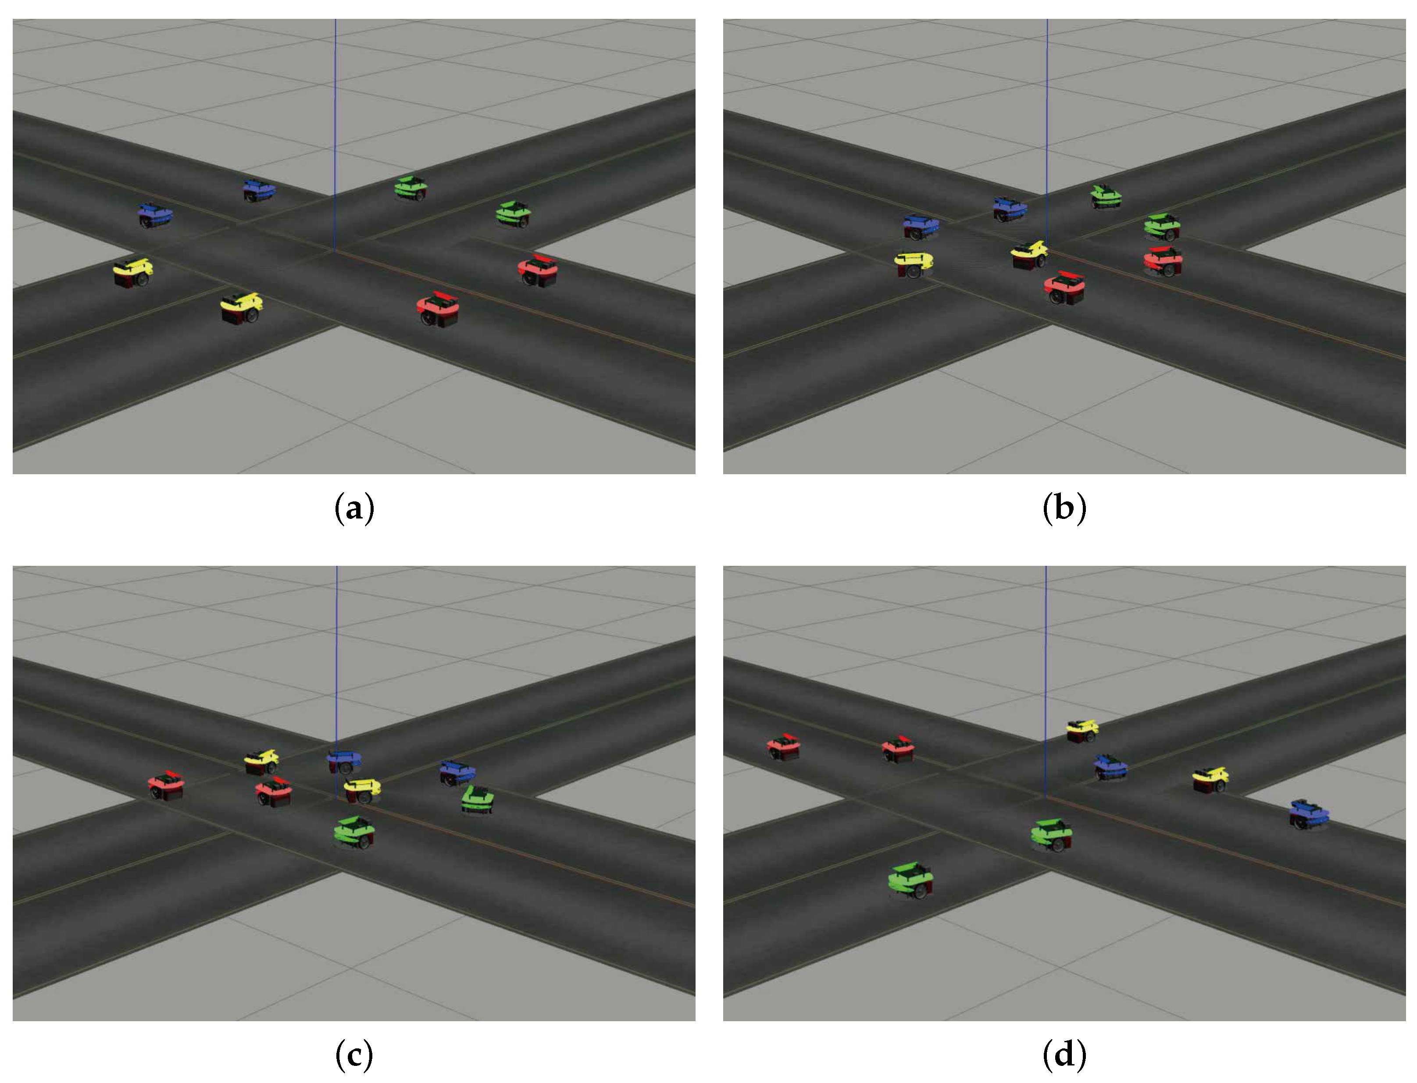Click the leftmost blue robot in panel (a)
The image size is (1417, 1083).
pyautogui.click(x=155, y=215)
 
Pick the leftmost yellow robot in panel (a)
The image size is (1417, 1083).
pyautogui.click(x=133, y=273)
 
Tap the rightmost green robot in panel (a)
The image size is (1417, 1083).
pyautogui.click(x=514, y=213)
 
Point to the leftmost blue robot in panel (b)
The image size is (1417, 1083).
pyautogui.click(x=921, y=226)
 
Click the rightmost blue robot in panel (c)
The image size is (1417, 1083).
pyautogui.click(x=457, y=772)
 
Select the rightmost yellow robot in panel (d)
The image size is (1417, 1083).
pyautogui.click(x=1209, y=779)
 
